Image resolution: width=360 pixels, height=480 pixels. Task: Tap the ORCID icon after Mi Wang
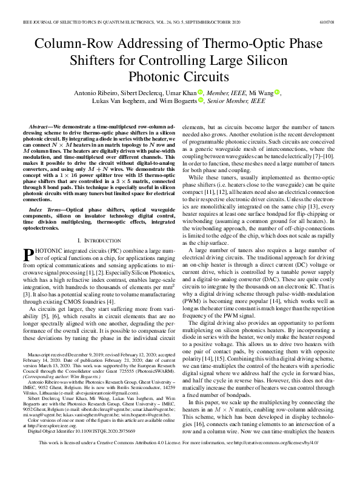[277, 93]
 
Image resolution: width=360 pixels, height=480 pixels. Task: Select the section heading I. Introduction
[90, 224]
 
